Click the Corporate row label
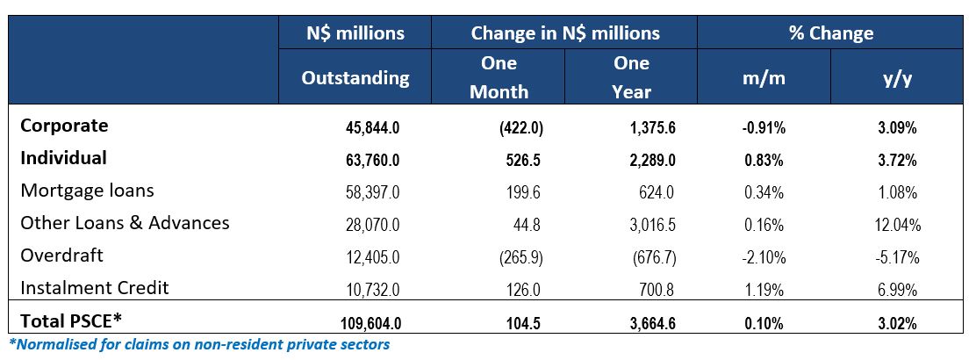point(64,126)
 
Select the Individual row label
point(63,158)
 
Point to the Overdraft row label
point(61,256)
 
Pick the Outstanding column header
point(355,77)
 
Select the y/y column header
point(894,77)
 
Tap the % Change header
point(829,33)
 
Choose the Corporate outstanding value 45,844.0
point(373,127)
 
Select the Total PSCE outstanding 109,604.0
point(370,322)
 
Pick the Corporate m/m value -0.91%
point(762,127)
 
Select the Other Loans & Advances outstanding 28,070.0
point(373,225)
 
